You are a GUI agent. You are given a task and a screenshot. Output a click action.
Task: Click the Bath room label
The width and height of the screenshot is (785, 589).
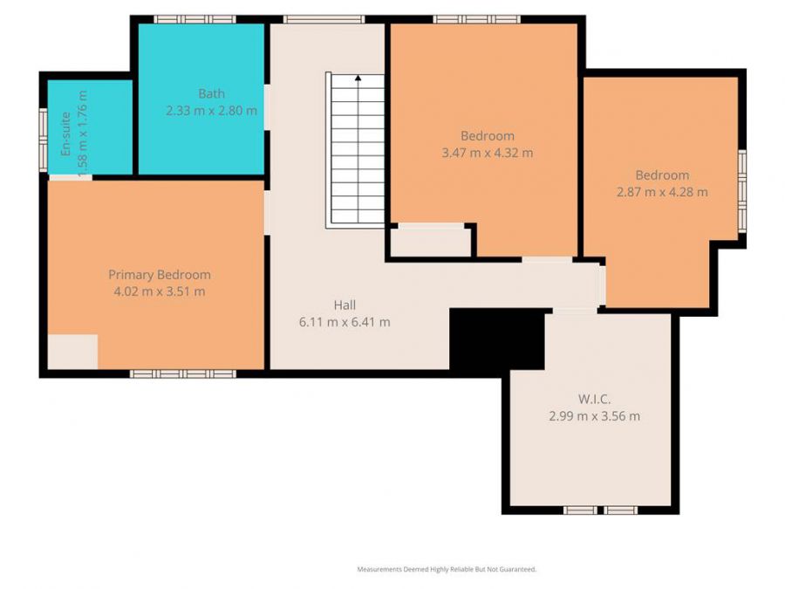(x=211, y=94)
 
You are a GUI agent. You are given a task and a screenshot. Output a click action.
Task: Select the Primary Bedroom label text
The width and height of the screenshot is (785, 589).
(x=160, y=275)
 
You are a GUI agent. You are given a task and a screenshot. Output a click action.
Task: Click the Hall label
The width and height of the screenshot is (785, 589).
(x=344, y=305)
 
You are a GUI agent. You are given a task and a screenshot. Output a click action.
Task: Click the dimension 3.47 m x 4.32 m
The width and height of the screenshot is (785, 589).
(x=488, y=153)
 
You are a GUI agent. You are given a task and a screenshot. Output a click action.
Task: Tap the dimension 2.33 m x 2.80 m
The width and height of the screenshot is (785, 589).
(x=211, y=111)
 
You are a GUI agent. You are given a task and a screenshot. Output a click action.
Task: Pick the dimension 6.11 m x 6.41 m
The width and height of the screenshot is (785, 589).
(x=344, y=322)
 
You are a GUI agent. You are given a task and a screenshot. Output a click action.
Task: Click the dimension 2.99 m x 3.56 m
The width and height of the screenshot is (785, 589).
(x=594, y=416)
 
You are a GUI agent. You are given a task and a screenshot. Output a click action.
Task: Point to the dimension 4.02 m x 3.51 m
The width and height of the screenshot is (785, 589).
(x=160, y=291)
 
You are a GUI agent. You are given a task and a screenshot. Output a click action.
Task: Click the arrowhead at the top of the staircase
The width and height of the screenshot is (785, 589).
(x=358, y=79)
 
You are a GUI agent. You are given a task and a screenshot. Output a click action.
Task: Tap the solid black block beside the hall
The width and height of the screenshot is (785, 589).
(x=495, y=340)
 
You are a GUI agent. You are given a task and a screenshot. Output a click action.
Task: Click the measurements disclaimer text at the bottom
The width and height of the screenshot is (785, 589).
(x=447, y=569)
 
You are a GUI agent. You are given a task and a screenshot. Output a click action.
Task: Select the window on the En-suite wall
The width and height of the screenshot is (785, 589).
(x=43, y=137)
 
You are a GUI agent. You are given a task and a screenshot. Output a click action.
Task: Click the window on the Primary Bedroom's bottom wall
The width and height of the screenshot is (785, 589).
(x=183, y=373)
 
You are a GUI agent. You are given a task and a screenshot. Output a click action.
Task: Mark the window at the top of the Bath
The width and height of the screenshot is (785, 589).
(x=195, y=18)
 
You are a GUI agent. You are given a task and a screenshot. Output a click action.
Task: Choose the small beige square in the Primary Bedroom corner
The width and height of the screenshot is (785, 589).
(x=72, y=351)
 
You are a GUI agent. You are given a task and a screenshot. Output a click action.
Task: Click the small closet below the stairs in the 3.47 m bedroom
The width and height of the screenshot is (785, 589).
(x=429, y=242)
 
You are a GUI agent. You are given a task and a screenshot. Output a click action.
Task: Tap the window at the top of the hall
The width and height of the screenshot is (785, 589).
(x=324, y=18)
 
